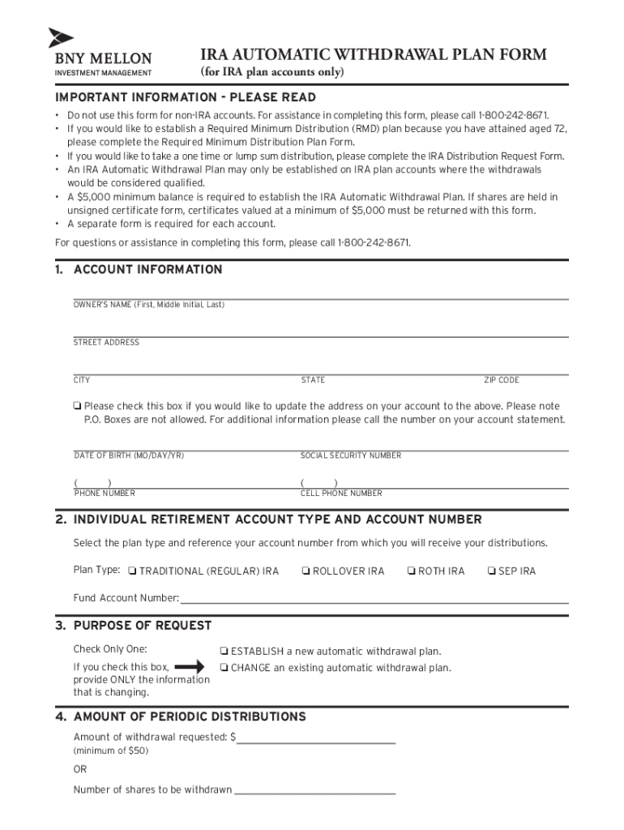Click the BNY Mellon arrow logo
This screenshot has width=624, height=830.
pyautogui.click(x=61, y=38)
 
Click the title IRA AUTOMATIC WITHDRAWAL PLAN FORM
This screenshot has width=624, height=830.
pyautogui.click(x=374, y=55)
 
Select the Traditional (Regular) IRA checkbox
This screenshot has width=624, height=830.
pyautogui.click(x=132, y=571)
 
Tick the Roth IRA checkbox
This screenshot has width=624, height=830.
pyautogui.click(x=411, y=571)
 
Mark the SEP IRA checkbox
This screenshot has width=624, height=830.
pyautogui.click(x=491, y=571)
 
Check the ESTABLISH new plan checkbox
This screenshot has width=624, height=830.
pyautogui.click(x=224, y=652)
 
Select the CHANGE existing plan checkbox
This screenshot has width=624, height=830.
pyautogui.click(x=224, y=668)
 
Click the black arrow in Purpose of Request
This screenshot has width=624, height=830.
pyautogui.click(x=190, y=667)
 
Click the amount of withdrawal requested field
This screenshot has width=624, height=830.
pyautogui.click(x=316, y=738)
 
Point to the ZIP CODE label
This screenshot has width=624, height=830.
pyautogui.click(x=502, y=380)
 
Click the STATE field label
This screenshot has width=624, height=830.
pyautogui.click(x=313, y=380)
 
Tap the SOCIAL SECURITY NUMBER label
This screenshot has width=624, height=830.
pyautogui.click(x=351, y=456)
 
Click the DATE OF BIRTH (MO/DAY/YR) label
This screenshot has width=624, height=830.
pyautogui.click(x=129, y=456)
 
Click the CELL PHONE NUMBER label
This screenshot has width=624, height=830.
pyautogui.click(x=341, y=493)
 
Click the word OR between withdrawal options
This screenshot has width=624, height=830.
pyautogui.click(x=80, y=769)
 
